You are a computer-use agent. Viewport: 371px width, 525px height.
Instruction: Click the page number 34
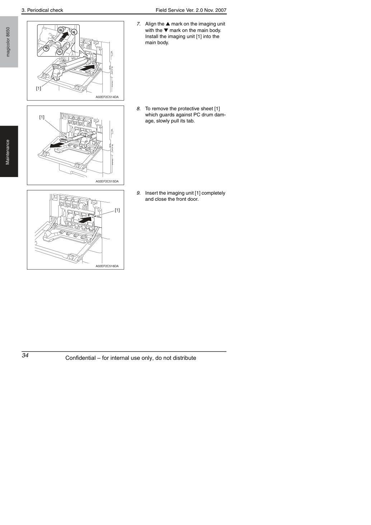[x=25, y=355]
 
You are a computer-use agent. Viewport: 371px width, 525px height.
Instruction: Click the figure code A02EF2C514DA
[x=107, y=97]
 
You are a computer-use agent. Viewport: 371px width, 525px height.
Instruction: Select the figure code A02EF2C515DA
[x=107, y=181]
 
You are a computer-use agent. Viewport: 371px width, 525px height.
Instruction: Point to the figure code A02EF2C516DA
[x=107, y=266]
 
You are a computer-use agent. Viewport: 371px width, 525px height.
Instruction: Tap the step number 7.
[x=138, y=24]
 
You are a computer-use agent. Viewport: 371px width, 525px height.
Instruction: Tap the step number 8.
[x=138, y=109]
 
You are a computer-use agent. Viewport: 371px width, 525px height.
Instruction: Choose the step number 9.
[x=138, y=193]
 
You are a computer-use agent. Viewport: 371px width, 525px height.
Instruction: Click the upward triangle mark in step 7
[x=168, y=24]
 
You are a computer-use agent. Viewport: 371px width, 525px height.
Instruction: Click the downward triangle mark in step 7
[x=166, y=30]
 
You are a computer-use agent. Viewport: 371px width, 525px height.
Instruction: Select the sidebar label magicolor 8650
[x=8, y=42]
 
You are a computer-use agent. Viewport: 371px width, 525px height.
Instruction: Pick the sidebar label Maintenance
[x=8, y=152]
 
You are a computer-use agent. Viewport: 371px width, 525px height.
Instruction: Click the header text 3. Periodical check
[x=42, y=10]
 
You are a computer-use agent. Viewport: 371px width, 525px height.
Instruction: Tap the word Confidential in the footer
[x=80, y=358]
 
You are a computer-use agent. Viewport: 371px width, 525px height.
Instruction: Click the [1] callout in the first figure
[x=38, y=88]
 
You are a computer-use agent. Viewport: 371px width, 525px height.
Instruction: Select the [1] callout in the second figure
[x=42, y=117]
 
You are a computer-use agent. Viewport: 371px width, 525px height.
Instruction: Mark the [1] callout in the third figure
[x=117, y=210]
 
